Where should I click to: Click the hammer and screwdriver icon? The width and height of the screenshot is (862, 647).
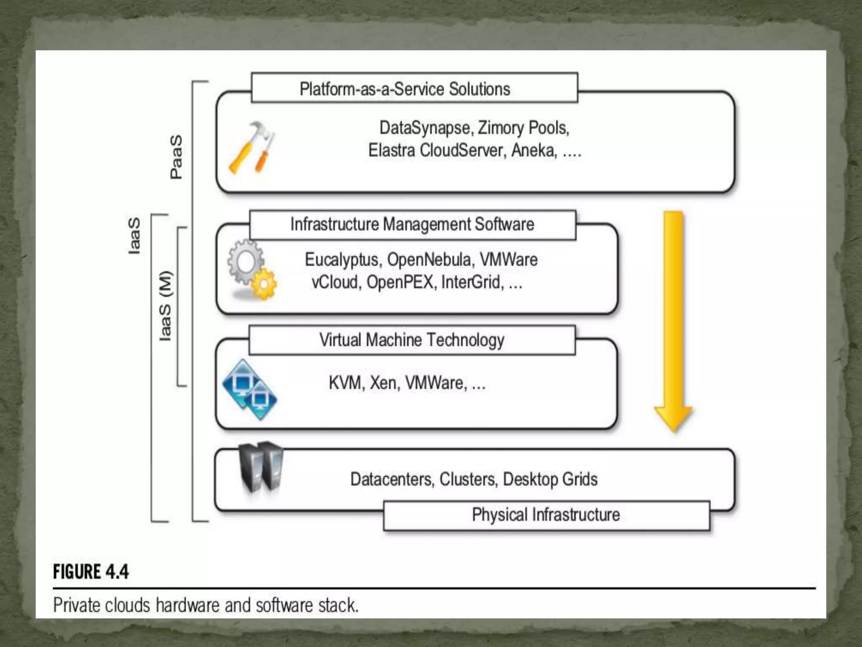[x=252, y=148]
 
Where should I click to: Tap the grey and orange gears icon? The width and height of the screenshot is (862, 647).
[x=252, y=270]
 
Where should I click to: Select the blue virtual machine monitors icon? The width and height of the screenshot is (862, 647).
[x=250, y=390]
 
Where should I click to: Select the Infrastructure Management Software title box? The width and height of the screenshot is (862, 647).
[x=412, y=225]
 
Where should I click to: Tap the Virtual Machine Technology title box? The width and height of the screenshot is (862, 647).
[x=412, y=340]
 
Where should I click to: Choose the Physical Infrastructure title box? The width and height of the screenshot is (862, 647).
[x=546, y=515]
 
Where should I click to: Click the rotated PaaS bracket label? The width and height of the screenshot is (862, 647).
[x=176, y=157]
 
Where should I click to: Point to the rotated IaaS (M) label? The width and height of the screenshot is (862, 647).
[x=166, y=306]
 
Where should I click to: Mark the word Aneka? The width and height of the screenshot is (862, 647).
[x=533, y=150]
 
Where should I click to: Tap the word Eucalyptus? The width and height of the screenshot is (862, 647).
[x=341, y=260]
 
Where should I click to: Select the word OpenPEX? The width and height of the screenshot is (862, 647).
[x=400, y=282]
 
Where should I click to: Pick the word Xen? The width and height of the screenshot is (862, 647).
[x=383, y=383]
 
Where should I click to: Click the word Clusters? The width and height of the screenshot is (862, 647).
[x=467, y=479]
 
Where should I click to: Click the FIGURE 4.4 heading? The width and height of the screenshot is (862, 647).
[x=91, y=572]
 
